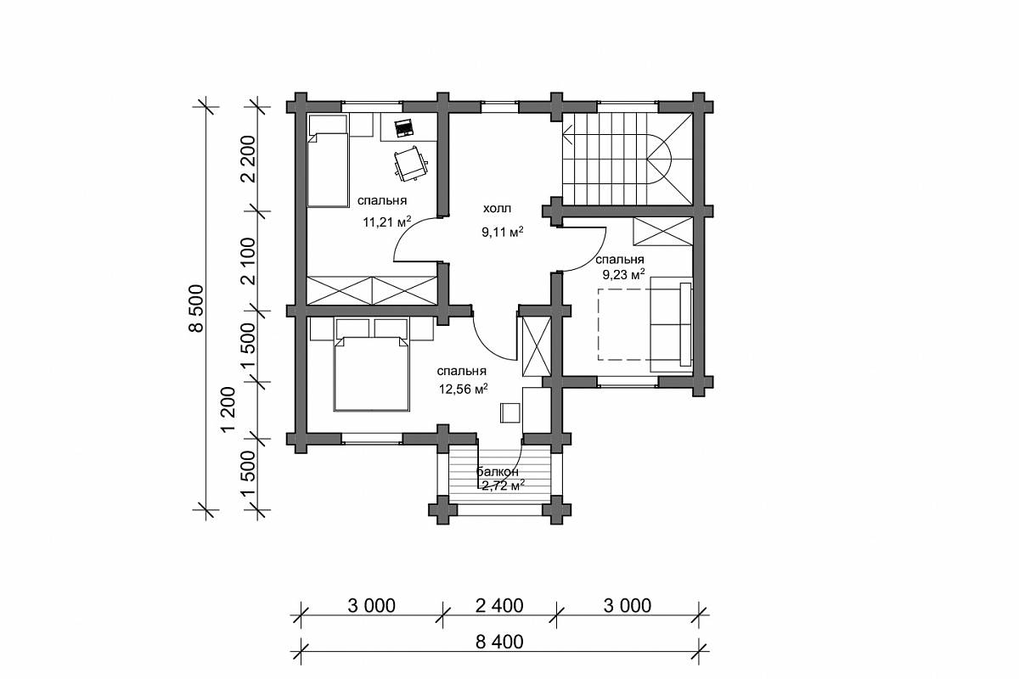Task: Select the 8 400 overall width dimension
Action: [x=499, y=642]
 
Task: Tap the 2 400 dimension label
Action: [x=499, y=606]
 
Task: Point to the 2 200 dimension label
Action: [x=251, y=159]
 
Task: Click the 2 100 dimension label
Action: [x=251, y=261]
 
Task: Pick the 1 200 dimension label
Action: [x=228, y=410]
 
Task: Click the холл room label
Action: [x=497, y=209]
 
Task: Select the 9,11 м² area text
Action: [x=502, y=233]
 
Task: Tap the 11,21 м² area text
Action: [x=386, y=222]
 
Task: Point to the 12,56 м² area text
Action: [x=463, y=389]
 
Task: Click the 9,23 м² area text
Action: [x=623, y=274]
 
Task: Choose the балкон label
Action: [x=498, y=472]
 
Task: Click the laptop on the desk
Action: [x=403, y=128]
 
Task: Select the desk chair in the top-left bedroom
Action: [x=411, y=164]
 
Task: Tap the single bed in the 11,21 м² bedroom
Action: [x=328, y=161]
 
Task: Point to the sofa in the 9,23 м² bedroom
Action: [x=672, y=324]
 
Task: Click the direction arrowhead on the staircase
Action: [x=567, y=134]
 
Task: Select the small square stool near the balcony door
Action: [x=510, y=413]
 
